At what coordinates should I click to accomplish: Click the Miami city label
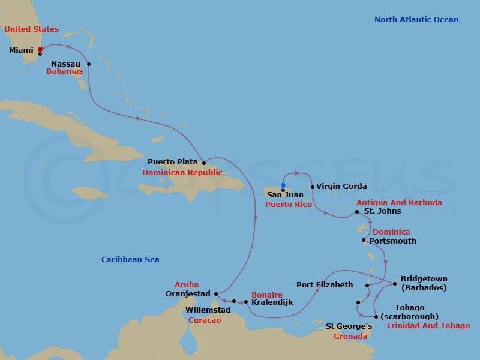click(21, 50)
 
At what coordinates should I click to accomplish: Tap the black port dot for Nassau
click(89, 64)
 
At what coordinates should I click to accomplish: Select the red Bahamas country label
click(65, 71)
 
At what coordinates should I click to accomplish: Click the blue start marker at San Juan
click(283, 185)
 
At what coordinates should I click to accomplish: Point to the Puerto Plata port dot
click(204, 163)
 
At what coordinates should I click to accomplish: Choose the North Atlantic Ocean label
click(416, 20)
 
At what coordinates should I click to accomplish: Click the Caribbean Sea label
click(130, 260)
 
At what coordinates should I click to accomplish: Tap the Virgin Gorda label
click(341, 187)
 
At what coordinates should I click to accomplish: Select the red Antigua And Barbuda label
click(399, 203)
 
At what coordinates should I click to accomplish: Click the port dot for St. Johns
click(357, 212)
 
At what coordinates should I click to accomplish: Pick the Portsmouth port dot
click(364, 241)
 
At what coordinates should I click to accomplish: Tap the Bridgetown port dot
click(395, 284)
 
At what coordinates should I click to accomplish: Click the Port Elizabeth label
click(325, 284)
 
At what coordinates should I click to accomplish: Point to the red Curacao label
click(205, 320)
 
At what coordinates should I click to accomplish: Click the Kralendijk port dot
click(246, 302)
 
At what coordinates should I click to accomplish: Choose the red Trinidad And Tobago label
click(428, 326)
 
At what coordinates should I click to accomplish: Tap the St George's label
click(349, 326)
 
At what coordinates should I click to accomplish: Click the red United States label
click(32, 29)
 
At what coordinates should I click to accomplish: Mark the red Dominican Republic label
click(182, 173)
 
